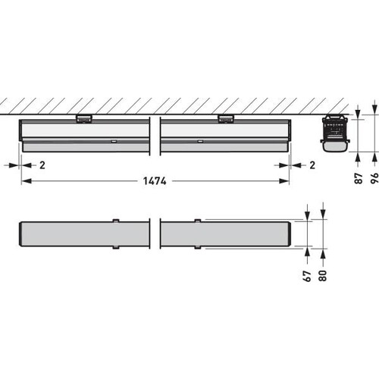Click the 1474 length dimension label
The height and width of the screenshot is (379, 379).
(x=155, y=182)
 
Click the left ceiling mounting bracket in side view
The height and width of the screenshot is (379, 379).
(x=84, y=117)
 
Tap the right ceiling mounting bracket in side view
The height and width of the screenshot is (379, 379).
(x=225, y=117)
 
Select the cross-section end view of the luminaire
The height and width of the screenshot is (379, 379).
(x=334, y=133)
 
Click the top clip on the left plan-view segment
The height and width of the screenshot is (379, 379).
(x=116, y=221)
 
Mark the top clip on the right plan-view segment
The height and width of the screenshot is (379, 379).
(x=197, y=221)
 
